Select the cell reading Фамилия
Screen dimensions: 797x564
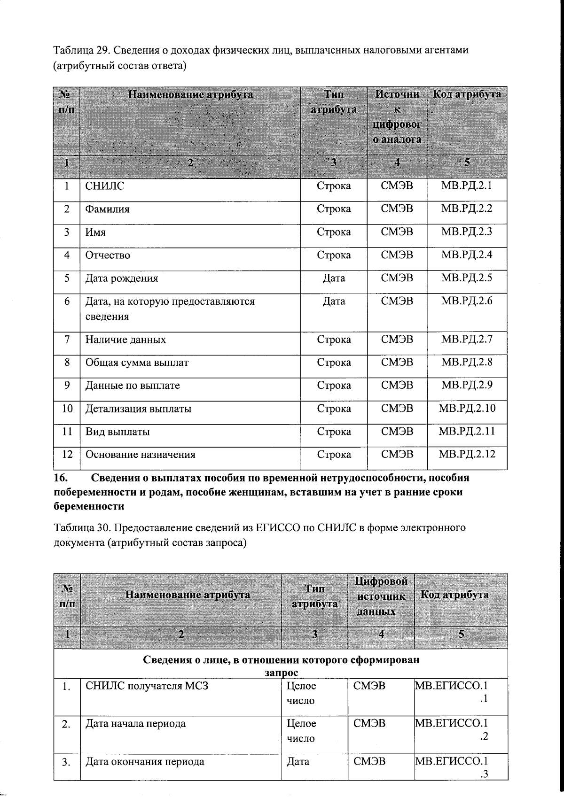click(107, 209)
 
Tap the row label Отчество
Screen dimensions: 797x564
click(108, 255)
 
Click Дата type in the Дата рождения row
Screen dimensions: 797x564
click(334, 278)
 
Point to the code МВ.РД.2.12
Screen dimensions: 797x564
click(467, 454)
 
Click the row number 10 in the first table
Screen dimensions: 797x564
click(67, 408)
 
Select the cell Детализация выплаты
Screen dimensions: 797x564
click(138, 408)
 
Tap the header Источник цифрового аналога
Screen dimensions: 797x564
click(397, 116)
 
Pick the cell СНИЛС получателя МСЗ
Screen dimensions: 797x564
click(147, 686)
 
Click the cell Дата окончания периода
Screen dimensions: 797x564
click(145, 761)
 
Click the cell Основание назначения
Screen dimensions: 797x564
click(140, 454)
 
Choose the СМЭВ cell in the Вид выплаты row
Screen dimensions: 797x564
click(397, 431)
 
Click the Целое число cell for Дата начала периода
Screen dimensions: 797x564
click(301, 731)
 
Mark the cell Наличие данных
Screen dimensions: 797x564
click(125, 339)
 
